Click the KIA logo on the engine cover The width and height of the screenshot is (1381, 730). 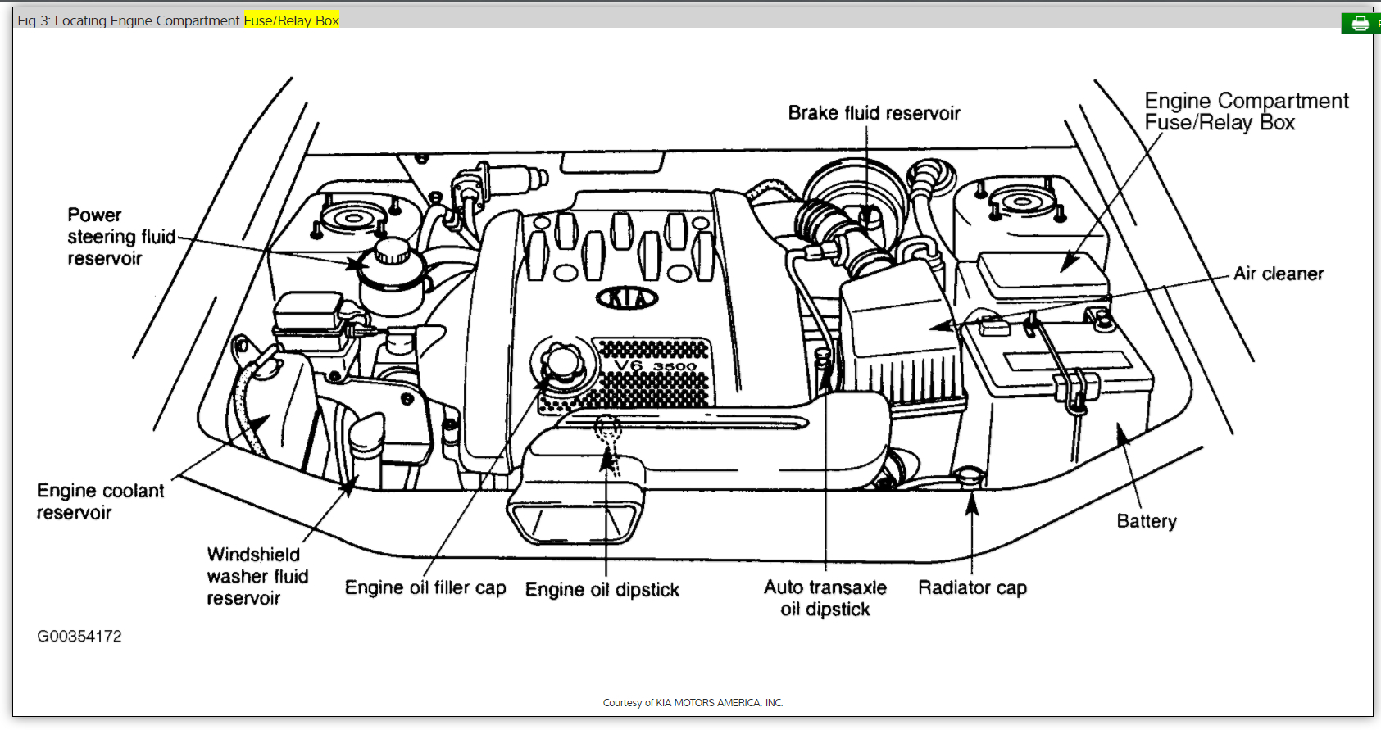628,298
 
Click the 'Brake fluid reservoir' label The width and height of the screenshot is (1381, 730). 874,113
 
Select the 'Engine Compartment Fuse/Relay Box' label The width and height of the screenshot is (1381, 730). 1246,111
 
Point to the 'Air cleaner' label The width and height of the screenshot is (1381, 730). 1279,274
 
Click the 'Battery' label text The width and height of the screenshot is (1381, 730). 1147,521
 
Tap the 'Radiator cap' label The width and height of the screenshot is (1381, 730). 972,587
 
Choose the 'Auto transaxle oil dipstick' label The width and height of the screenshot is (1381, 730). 825,598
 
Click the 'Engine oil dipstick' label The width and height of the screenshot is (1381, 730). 602,589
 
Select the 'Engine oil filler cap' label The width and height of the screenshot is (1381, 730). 425,587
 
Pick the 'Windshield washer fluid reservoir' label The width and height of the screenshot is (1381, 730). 257,576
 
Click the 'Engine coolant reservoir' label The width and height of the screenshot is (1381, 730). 100,501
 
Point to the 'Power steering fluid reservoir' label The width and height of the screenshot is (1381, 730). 120,237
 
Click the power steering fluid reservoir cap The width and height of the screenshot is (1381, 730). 393,251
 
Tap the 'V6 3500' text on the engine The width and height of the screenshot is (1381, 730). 655,365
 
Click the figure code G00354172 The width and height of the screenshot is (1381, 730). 79,636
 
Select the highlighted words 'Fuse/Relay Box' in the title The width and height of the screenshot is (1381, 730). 291,20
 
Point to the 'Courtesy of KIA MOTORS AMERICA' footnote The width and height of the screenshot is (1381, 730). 693,702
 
